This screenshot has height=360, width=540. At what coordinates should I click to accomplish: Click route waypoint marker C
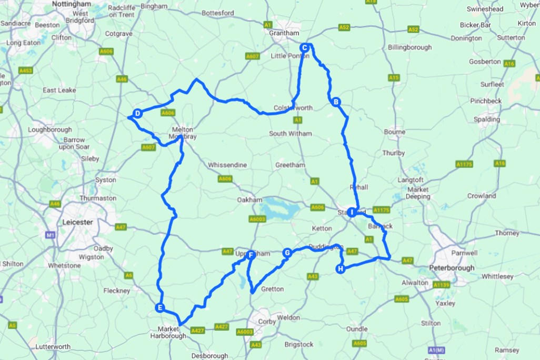point(304,48)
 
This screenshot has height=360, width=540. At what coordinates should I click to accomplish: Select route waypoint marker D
point(137,113)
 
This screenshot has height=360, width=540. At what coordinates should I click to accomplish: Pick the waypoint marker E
point(160,308)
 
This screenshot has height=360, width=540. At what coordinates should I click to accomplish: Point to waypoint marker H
point(341,269)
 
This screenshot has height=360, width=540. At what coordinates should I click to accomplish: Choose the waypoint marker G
point(287,253)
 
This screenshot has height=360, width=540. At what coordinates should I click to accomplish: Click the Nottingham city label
point(73,4)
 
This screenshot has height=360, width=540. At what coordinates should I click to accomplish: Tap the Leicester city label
point(77,222)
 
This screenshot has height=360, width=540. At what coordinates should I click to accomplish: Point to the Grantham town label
point(284,33)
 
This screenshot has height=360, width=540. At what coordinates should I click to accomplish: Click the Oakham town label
point(249,200)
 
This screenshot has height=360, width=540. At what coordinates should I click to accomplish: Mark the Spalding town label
point(487,119)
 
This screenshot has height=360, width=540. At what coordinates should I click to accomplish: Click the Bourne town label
point(395,132)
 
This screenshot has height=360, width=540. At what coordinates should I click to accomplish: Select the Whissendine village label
point(227,165)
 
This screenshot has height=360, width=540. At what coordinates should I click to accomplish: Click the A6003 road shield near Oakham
point(257,219)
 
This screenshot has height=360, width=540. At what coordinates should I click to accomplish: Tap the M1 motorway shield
point(51,235)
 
